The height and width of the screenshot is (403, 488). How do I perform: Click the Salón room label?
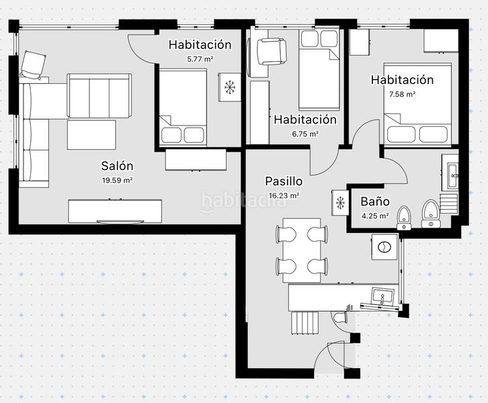click(x=117, y=166)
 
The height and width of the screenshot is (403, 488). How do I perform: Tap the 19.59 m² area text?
click(x=117, y=180)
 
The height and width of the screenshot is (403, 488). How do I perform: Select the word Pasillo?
click(x=284, y=181)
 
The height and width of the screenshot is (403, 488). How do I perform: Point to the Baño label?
click(x=375, y=201)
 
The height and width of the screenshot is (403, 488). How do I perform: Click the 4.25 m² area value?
click(x=375, y=216)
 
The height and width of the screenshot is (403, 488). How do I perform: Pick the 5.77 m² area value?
click(x=200, y=59)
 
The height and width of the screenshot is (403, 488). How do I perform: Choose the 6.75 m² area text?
click(x=304, y=134)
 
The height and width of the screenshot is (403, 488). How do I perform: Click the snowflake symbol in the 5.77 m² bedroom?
click(x=229, y=87)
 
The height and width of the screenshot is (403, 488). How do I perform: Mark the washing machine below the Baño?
click(x=384, y=247)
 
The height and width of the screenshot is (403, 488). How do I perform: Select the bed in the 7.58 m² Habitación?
click(x=417, y=104)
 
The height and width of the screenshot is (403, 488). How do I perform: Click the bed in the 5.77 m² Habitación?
click(x=182, y=107)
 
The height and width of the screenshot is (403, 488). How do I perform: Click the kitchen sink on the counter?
click(x=381, y=296)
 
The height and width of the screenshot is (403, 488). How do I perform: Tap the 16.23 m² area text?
click(x=284, y=195)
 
